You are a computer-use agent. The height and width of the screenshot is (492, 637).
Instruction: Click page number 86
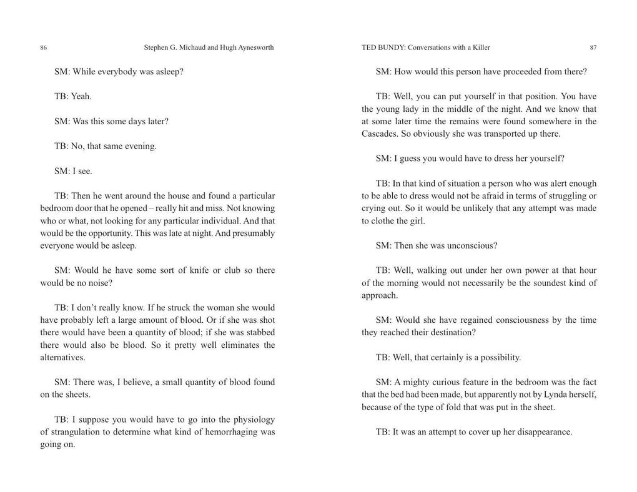tap(43, 47)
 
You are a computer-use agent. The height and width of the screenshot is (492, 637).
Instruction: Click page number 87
tap(593, 47)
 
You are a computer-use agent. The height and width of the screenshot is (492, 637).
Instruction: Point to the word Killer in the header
tap(480, 47)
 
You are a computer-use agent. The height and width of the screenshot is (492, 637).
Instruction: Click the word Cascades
tap(379, 134)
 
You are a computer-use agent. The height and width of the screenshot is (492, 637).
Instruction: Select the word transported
tap(497, 134)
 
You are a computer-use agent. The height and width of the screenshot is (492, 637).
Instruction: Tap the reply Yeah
tap(81, 96)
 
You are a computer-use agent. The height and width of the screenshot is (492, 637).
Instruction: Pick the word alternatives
tap(62, 357)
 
